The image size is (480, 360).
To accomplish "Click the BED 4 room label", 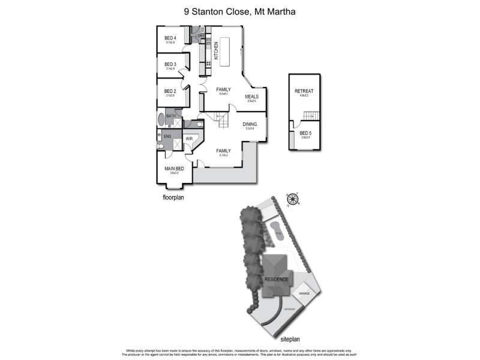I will pos(170,38).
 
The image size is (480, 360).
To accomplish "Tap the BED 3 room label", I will pos(170,64).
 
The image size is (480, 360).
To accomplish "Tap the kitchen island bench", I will pos(226,53).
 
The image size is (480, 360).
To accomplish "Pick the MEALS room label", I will pos(252,96).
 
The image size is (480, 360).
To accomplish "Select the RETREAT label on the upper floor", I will pos(304,91).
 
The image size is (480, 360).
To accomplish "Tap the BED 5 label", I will pos(306,133).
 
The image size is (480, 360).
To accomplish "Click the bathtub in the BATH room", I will pos(161,119).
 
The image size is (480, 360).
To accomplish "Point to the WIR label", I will pos(189,138).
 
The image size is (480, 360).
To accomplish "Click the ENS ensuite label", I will pos(167,136).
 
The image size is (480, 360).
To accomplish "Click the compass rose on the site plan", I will pos(293,200).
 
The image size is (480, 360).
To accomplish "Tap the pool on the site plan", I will pos(274,229).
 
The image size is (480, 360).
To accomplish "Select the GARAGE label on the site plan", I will pos(304,293).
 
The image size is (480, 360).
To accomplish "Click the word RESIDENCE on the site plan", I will pos(276,280).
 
